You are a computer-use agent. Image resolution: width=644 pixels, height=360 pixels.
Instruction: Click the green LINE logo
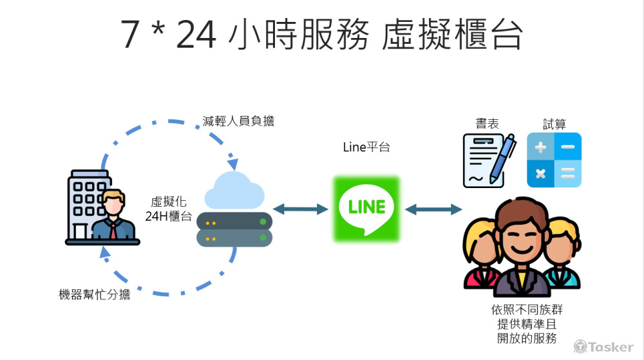[366, 208]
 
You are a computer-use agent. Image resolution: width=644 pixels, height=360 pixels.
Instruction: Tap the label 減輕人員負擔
[238, 120]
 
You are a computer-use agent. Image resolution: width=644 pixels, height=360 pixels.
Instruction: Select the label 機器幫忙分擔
[94, 295]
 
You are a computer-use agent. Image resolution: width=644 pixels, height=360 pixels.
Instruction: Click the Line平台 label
[366, 147]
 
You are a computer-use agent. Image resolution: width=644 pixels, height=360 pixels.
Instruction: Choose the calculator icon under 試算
[554, 160]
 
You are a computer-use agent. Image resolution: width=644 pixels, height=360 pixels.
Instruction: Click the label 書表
[487, 124]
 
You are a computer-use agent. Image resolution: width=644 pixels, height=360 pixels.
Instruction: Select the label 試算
[554, 124]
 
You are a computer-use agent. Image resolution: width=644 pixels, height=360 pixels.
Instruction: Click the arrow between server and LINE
[300, 209]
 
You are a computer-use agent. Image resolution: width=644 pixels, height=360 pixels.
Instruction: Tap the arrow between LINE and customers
[433, 209]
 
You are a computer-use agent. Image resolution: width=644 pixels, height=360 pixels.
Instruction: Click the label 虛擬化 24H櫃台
[169, 209]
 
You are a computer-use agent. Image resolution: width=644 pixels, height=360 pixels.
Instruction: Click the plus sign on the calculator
[540, 147]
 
